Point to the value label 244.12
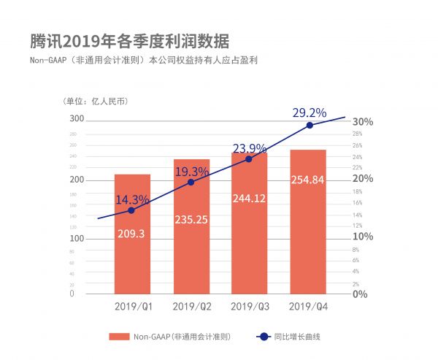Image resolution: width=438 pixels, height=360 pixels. tap(249, 198)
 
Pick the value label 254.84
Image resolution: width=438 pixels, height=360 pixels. tap(307, 180)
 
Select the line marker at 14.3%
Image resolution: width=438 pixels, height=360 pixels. tap(131, 210)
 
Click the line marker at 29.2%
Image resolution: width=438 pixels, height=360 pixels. tap(310, 125)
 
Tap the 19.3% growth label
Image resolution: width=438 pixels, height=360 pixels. tap(191, 172)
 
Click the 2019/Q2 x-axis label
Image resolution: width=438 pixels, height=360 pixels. tap(191, 307)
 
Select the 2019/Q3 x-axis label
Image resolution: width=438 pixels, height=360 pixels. tap(249, 307)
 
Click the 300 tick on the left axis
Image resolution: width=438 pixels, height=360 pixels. tap(77, 118)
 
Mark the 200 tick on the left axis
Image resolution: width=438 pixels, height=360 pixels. tap(77, 180)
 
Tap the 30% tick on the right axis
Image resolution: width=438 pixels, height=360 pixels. tap(363, 121)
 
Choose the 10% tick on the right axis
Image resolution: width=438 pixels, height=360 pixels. tap(363, 237)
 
